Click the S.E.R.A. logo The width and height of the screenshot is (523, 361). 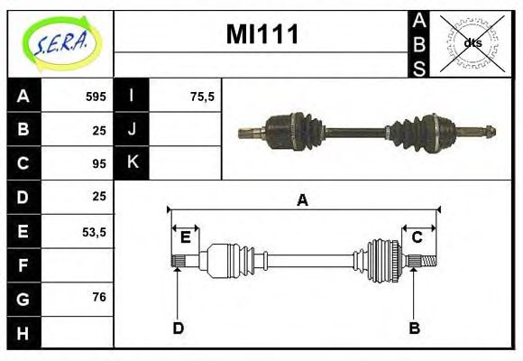(60, 42)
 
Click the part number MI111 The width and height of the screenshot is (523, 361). (261, 36)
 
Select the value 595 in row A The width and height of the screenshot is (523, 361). (95, 97)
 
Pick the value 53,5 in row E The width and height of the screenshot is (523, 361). (94, 232)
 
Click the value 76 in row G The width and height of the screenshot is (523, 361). (98, 297)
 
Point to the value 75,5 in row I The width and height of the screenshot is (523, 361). (202, 97)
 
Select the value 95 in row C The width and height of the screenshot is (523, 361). (98, 164)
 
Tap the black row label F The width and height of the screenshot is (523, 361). (23, 264)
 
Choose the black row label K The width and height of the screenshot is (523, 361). (133, 163)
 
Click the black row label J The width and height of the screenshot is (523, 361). (133, 129)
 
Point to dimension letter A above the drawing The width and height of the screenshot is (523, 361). (302, 200)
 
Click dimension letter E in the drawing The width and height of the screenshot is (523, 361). (186, 237)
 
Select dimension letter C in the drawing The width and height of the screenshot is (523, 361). (417, 237)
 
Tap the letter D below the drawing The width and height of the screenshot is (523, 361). (178, 328)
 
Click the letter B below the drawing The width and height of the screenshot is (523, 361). (415, 328)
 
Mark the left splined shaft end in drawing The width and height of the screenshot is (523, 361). (179, 261)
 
